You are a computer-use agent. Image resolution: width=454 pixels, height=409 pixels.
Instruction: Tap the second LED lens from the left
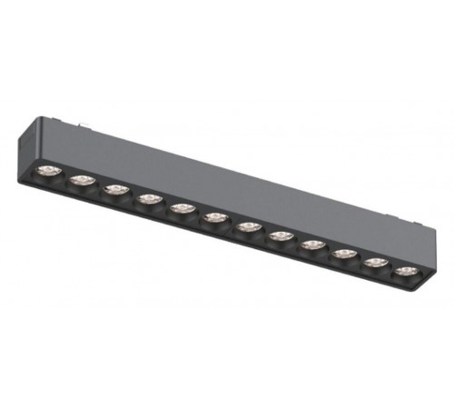[82, 180]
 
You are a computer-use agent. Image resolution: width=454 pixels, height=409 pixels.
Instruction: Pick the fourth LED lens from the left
[147, 197]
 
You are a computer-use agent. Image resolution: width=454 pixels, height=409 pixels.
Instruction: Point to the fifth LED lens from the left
[181, 207]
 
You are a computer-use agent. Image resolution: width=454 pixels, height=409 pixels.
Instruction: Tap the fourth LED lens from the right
[312, 244]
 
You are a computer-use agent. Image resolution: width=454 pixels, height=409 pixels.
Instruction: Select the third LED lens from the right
[343, 253]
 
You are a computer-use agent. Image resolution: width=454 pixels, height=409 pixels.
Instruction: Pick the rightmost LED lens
[403, 270]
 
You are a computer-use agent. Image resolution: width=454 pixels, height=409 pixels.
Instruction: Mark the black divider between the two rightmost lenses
[389, 266]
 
